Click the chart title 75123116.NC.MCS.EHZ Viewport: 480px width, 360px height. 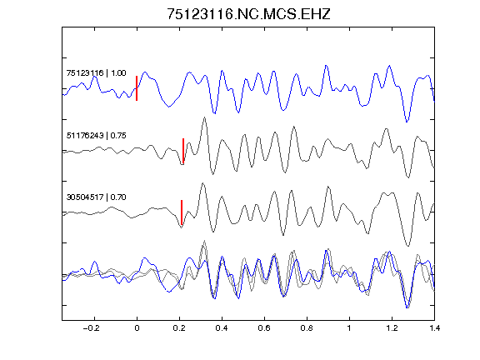pos(248,14)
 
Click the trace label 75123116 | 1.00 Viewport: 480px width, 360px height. pos(96,73)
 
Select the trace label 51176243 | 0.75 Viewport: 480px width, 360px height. pos(96,135)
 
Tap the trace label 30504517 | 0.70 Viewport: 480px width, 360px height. pos(96,197)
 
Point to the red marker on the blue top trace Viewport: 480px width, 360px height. pos(137,88)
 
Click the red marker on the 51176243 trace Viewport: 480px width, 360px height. pos(183,151)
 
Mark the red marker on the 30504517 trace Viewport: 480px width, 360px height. pos(182,212)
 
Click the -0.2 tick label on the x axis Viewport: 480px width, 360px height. pos(92,328)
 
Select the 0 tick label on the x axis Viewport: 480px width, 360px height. pos(137,328)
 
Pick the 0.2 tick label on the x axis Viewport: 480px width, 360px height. pos(179,328)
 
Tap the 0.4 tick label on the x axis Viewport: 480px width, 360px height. pos(222,328)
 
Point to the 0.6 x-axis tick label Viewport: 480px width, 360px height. pos(264,328)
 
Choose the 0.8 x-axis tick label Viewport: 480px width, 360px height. pos(307,328)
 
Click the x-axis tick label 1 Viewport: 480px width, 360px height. pos(349,328)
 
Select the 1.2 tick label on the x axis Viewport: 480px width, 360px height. pos(392,328)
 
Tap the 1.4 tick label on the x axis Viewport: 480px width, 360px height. pos(434,328)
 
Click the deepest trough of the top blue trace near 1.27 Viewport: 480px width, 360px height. pos(407,122)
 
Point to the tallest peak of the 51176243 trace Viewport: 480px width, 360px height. pos(204,117)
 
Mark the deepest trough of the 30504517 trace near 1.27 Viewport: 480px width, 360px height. pos(407,246)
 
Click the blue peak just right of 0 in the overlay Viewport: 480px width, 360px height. pos(145,258)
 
